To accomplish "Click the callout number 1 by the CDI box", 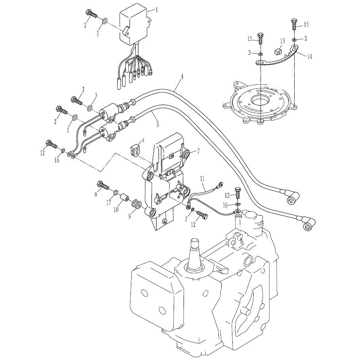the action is click(x=157, y=10).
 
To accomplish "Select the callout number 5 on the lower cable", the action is click(x=158, y=124).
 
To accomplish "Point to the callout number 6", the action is click(x=143, y=140).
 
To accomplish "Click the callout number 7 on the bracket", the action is click(x=198, y=151).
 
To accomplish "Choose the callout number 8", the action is click(x=96, y=195).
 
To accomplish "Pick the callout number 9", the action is click(x=130, y=216).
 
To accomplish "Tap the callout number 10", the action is click(x=116, y=209).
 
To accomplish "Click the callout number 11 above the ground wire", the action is click(x=202, y=179).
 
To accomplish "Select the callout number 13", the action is click(x=282, y=41).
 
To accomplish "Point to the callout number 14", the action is click(x=310, y=56).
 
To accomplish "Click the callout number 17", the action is click(x=109, y=203).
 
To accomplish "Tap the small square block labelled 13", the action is click(x=278, y=52).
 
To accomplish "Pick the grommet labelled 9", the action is click(x=136, y=204).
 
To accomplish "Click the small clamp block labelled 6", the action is click(x=135, y=150).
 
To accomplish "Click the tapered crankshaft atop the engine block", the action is click(x=195, y=255).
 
